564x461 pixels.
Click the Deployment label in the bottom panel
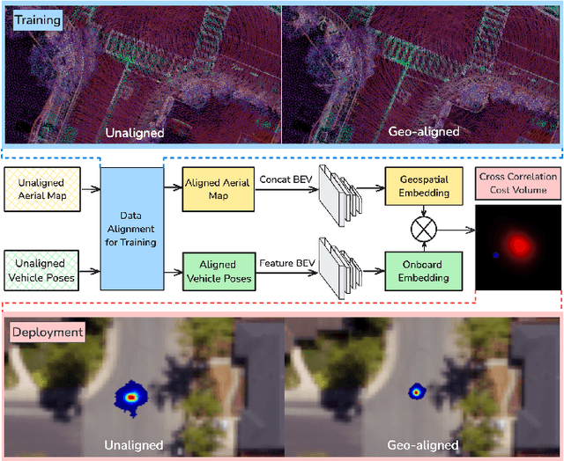47,332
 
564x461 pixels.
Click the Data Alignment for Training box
132,229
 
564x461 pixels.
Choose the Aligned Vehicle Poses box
218,270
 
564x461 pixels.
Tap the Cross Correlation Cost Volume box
518,183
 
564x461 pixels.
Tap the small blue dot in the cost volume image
496,256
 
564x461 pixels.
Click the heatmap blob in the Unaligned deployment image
131,398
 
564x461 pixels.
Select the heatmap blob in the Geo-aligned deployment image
416,391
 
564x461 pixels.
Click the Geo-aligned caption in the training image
423,132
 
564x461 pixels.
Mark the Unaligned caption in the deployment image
134,445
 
